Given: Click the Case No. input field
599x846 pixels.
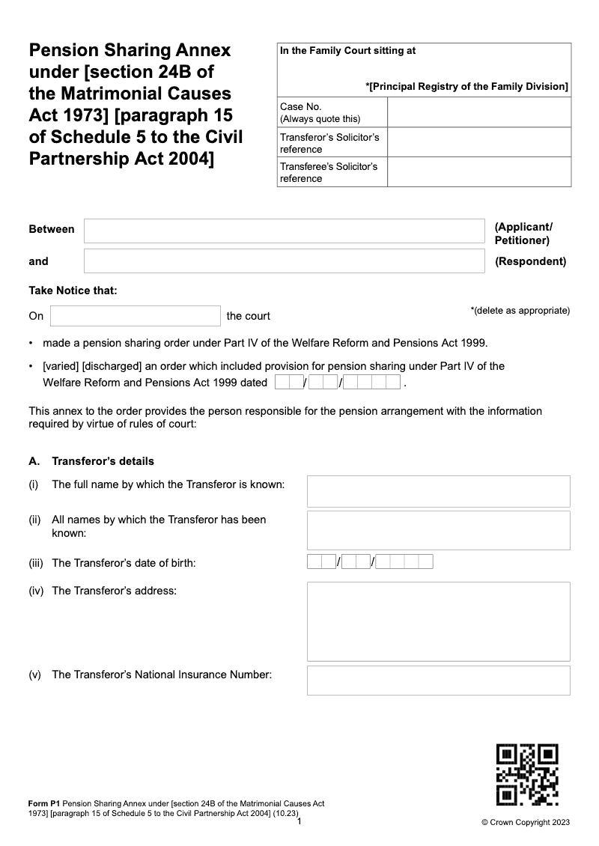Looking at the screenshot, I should [479, 112].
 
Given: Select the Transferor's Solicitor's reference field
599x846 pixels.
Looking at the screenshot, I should [479, 142].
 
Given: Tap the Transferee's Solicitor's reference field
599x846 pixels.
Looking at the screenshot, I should [479, 171].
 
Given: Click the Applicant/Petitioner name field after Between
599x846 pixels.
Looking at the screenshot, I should [285, 231].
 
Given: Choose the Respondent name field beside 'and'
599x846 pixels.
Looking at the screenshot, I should [285, 261].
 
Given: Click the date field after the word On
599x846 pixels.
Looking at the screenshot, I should [135, 316].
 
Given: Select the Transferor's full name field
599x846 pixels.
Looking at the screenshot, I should [438, 491].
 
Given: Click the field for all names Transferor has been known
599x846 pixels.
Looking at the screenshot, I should [438, 530].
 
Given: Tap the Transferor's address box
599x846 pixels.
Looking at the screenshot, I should [438, 621].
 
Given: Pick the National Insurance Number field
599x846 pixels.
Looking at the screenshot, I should [438, 680].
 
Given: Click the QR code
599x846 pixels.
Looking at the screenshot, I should [527, 773].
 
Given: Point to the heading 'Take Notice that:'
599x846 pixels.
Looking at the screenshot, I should [73, 290].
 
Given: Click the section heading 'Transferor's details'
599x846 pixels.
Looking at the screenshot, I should [103, 461].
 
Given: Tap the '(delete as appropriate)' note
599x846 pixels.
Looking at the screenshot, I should [520, 310].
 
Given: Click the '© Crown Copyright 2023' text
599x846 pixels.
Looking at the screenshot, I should [525, 822].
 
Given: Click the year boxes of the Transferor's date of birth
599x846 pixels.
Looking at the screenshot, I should [404, 562].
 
